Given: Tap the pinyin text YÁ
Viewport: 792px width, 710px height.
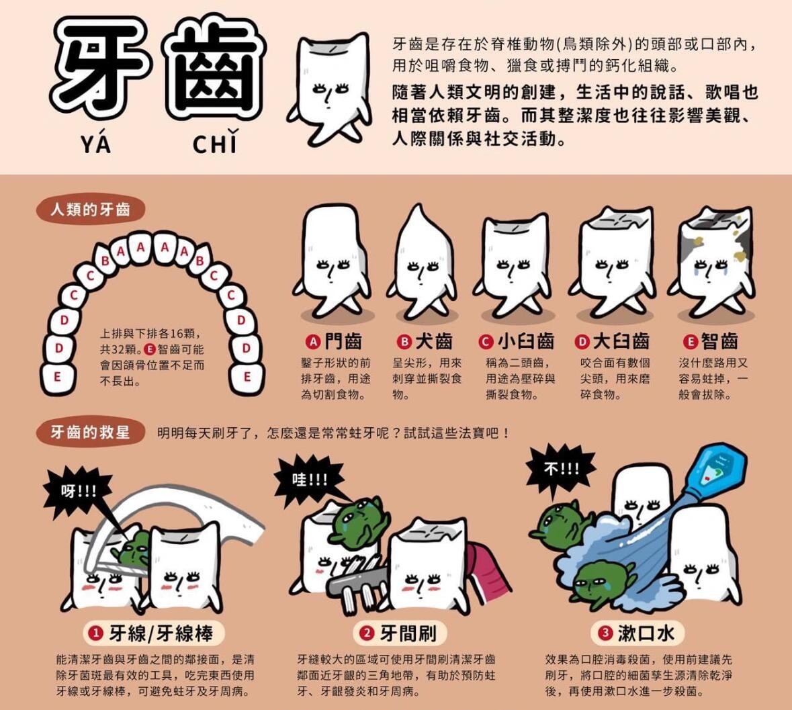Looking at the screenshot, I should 95,144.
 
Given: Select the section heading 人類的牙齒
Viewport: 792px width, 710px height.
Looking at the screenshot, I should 90,210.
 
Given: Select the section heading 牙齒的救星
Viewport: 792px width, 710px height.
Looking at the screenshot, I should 90,432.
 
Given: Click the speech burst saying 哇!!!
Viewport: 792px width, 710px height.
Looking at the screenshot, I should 310,480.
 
